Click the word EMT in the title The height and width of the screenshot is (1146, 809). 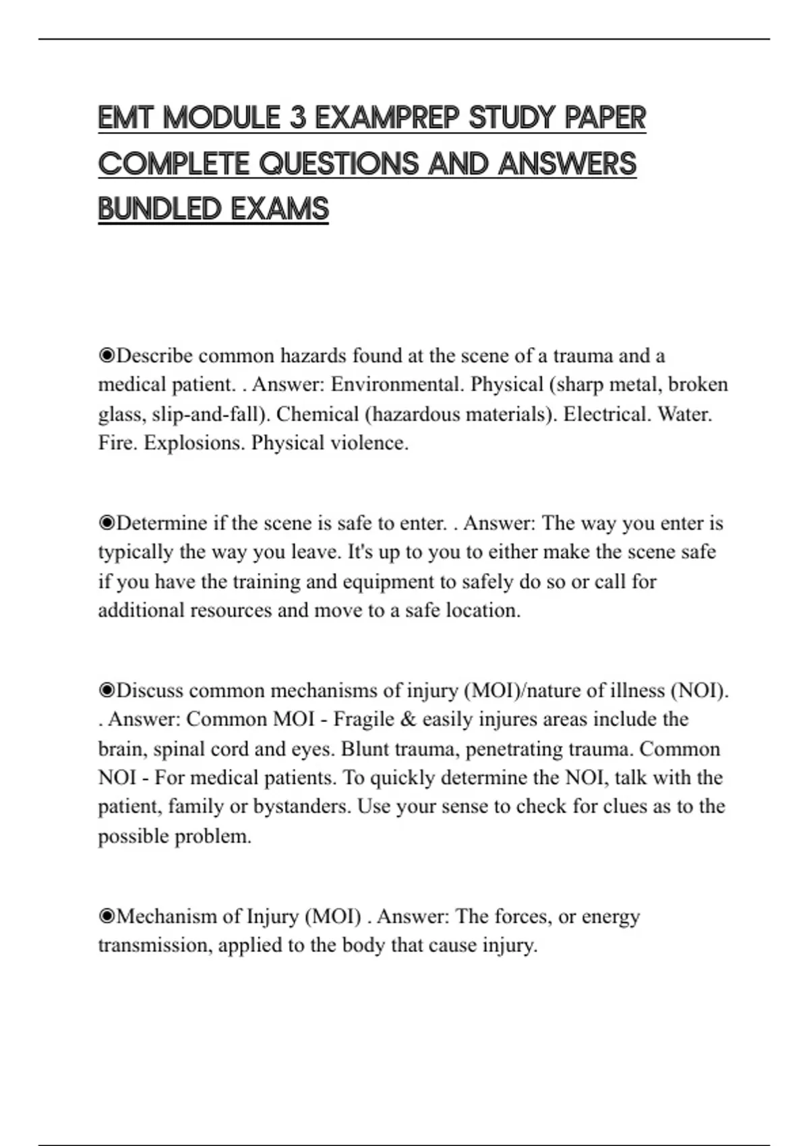[127, 118]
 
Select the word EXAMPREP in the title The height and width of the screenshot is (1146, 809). [387, 118]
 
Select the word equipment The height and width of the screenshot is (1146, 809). [388, 581]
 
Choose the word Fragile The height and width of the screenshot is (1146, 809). [363, 719]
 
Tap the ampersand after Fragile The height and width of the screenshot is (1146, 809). [407, 719]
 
